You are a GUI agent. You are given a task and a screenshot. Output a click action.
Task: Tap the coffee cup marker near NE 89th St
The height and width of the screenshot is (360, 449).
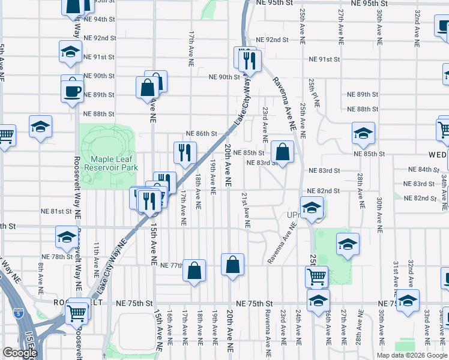(72, 91)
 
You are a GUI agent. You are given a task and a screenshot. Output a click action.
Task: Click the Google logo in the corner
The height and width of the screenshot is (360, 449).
(19, 353)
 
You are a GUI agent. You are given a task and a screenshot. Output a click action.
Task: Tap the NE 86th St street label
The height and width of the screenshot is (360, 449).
(201, 133)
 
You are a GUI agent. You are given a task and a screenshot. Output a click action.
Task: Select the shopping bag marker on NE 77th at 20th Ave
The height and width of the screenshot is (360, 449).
(232, 264)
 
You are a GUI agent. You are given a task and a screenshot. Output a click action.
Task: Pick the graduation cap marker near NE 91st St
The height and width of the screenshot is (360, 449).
(70, 52)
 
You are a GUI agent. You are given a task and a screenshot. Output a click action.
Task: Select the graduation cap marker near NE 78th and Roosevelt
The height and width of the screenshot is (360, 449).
(67, 237)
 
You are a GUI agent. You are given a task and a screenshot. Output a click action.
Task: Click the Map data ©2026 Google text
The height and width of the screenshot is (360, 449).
(412, 355)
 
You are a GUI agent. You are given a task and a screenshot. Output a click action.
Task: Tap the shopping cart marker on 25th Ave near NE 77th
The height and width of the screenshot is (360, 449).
(316, 277)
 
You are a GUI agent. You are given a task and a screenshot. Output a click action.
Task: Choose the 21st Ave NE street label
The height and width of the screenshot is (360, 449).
(245, 210)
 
